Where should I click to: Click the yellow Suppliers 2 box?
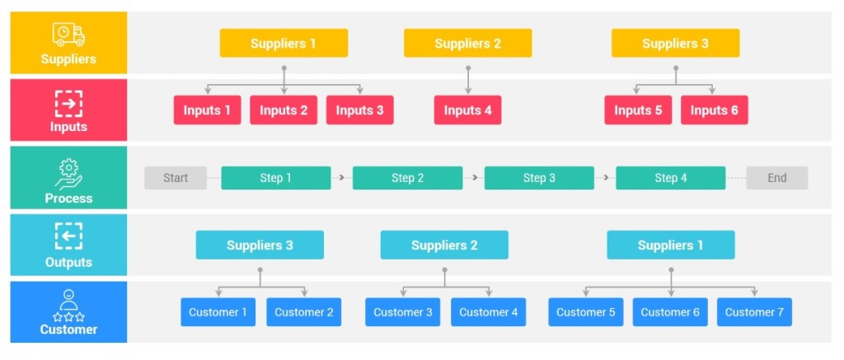coord(467,44)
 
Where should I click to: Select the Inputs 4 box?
coord(467,110)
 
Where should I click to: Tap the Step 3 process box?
coord(538,178)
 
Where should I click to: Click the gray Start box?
coord(175,178)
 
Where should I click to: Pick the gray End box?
coord(776,178)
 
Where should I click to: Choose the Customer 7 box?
coord(753,312)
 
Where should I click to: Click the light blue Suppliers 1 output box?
coord(670,245)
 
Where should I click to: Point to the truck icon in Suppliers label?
coord(68,34)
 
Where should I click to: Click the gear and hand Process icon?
coord(68,174)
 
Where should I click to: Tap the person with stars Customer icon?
coord(68,305)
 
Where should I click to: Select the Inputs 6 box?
coord(714,110)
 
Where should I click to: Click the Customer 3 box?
coord(402,312)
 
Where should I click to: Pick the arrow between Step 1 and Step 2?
coord(341,178)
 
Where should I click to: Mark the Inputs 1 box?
coord(207,110)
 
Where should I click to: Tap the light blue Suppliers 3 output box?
coord(260,245)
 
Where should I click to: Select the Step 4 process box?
coord(670,178)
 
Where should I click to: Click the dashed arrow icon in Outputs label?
coord(68,237)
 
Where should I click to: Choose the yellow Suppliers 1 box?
coord(284,44)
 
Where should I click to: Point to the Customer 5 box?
coord(585,312)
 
